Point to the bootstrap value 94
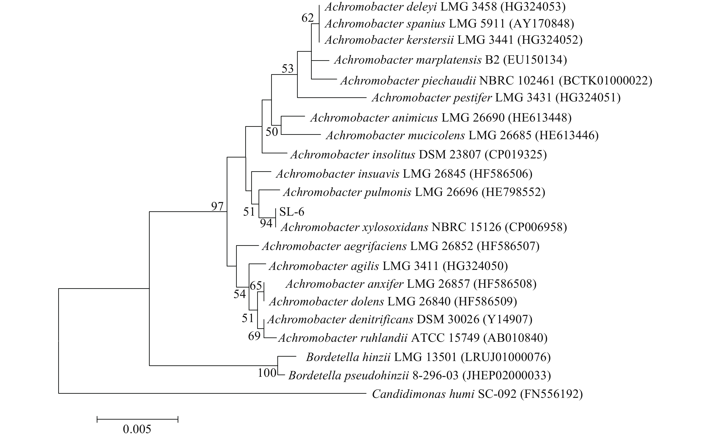[x=266, y=224]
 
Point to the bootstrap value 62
[x=308, y=18]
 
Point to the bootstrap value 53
[x=287, y=69]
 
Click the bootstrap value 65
[x=256, y=285]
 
